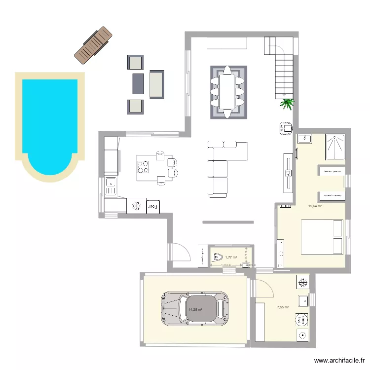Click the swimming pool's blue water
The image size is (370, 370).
[x=49, y=118]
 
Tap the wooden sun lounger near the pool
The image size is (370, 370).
[x=93, y=45]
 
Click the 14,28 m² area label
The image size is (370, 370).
[x=195, y=310]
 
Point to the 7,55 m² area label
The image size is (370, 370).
[x=283, y=307]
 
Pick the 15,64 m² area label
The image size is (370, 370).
[x=315, y=206]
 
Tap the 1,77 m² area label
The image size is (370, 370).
[x=231, y=257]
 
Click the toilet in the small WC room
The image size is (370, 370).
[x=218, y=257]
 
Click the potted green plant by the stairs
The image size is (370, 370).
[x=287, y=103]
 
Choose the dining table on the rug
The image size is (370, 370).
[x=228, y=92]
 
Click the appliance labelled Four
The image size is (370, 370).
[x=153, y=206]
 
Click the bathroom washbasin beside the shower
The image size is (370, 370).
[x=303, y=138]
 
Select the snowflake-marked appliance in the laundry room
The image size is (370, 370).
[x=302, y=282]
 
